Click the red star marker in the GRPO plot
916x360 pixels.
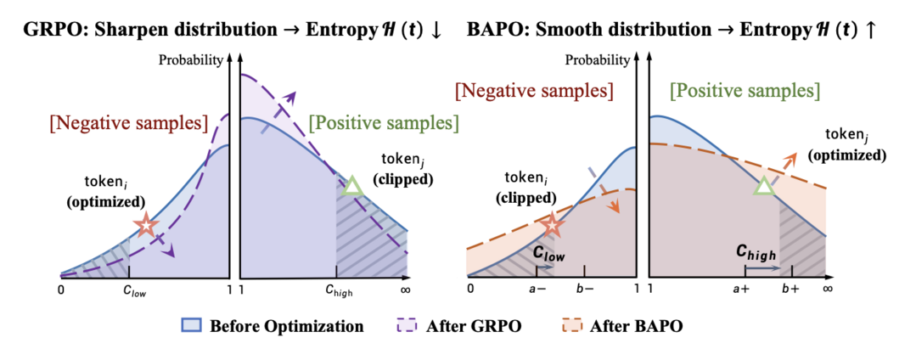tap(146, 225)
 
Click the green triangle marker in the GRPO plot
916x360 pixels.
tap(351, 186)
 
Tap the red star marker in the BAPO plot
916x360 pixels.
tap(553, 225)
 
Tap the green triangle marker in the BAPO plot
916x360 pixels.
tap(763, 188)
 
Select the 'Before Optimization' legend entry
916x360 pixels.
tap(273, 326)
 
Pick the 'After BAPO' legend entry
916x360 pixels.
tap(626, 326)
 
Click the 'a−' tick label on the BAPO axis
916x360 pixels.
tap(536, 289)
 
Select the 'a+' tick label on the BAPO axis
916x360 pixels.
tap(744, 289)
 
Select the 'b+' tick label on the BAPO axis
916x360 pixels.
tap(791, 289)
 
